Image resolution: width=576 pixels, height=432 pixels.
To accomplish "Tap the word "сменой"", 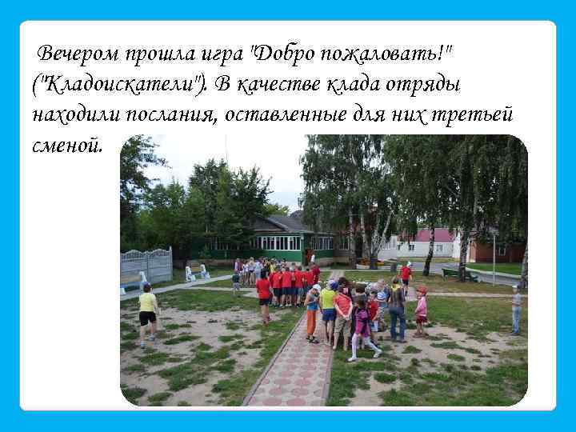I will pyautogui.click(x=68, y=143).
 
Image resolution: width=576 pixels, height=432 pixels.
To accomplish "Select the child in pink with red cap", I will pyautogui.click(x=421, y=313).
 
